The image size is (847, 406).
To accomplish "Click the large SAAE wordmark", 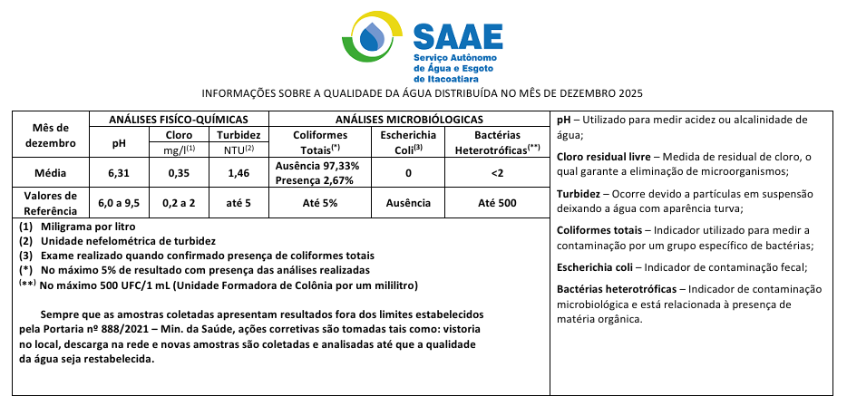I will [458, 34].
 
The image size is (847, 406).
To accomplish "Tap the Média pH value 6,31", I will [119, 171].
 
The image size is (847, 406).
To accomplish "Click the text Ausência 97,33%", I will [316, 165].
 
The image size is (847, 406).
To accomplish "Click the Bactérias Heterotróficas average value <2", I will [496, 171].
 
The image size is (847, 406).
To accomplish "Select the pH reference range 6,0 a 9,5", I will [119, 202].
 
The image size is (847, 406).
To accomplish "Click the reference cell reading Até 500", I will [496, 202].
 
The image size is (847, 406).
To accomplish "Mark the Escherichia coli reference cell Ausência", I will [408, 202].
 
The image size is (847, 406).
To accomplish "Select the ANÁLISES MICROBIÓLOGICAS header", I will [408, 120].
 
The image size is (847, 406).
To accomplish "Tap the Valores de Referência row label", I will [51, 202].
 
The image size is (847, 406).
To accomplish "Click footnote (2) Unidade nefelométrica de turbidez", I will [118, 240].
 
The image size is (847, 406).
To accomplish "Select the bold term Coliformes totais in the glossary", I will [599, 230].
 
